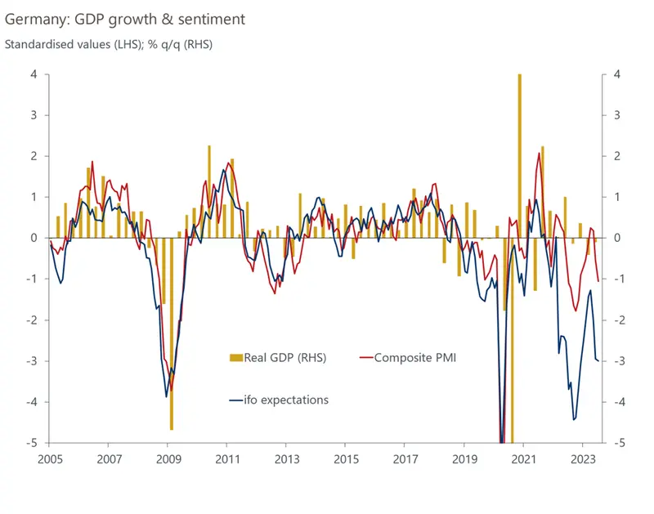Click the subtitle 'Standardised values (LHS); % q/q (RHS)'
[x=109, y=44]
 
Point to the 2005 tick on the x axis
[x=51, y=459]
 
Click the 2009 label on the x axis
[x=168, y=459]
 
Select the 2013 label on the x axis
[x=286, y=459]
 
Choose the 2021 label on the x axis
[x=523, y=459]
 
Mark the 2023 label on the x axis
[x=582, y=459]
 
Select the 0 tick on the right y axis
[x=616, y=238]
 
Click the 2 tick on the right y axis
[x=616, y=156]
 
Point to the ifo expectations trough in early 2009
[x=166, y=396]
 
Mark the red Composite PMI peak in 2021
[x=540, y=154]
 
